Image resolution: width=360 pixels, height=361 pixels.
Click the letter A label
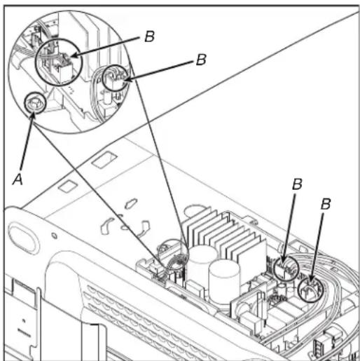click(x=18, y=179)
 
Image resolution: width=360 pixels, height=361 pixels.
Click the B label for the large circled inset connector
click(x=149, y=36)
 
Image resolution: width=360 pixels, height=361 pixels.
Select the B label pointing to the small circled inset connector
click(x=201, y=60)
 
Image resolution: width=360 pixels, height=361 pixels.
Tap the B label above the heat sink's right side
click(x=297, y=184)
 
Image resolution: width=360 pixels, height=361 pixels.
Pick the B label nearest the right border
click(x=326, y=204)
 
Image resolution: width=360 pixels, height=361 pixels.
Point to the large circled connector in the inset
click(x=59, y=62)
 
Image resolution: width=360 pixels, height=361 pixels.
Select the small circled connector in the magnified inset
click(x=116, y=78)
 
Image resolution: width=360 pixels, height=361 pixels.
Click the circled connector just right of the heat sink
click(x=286, y=268)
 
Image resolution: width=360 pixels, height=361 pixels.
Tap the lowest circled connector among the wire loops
click(x=311, y=290)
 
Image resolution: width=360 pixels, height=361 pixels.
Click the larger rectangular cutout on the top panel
click(x=104, y=160)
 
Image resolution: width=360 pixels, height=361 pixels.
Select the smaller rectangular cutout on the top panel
click(x=67, y=186)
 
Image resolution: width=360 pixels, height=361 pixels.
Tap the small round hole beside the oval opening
click(x=55, y=236)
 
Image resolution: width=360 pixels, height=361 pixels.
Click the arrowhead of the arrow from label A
click(x=33, y=116)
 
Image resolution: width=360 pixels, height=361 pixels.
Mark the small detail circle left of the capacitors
click(x=173, y=254)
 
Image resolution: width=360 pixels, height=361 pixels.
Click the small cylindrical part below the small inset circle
click(x=108, y=98)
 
